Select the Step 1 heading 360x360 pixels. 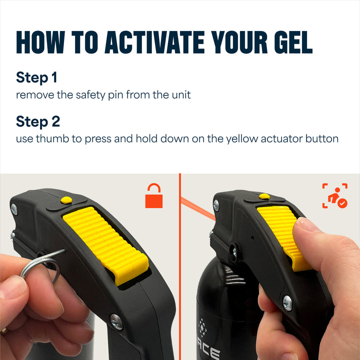(36, 77)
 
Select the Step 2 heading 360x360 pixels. (38, 121)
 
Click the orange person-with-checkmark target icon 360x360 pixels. (334, 195)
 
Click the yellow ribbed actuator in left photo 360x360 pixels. (105, 240)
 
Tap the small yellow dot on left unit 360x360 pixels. (65, 200)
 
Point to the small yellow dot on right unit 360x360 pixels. (264, 196)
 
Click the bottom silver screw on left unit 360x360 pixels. (116, 322)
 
